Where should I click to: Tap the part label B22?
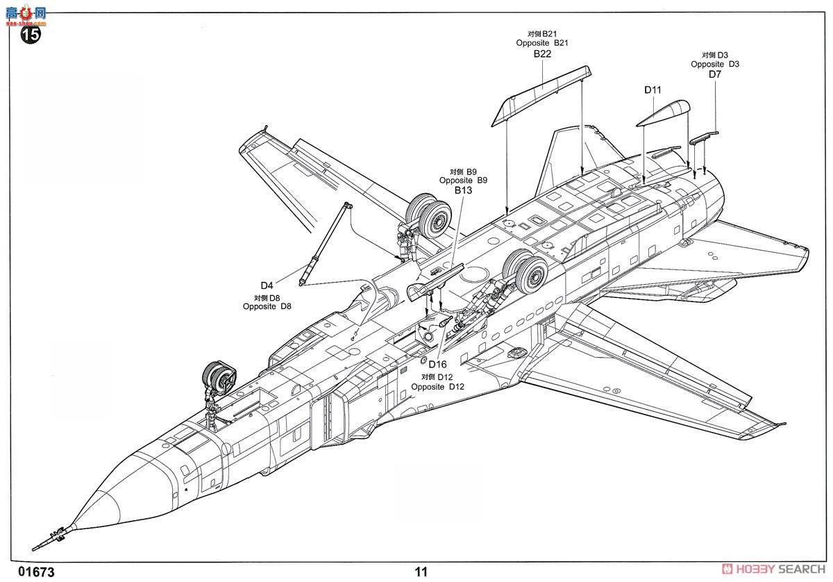pyautogui.click(x=542, y=53)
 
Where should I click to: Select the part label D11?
pyautogui.click(x=653, y=90)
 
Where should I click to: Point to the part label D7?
pyautogui.click(x=715, y=74)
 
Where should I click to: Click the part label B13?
pyautogui.click(x=463, y=190)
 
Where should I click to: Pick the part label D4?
pyautogui.click(x=267, y=285)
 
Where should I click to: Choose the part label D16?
pyautogui.click(x=437, y=365)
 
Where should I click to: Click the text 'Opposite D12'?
pyautogui.click(x=437, y=387)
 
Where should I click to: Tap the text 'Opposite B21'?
pyautogui.click(x=542, y=43)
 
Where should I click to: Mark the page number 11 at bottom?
pyautogui.click(x=421, y=572)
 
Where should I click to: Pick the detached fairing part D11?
pyautogui.click(x=663, y=113)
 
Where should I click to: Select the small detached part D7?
pyautogui.click(x=703, y=137)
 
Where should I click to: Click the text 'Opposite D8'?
pyautogui.click(x=267, y=306)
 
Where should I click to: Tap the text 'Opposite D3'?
pyautogui.click(x=715, y=64)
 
